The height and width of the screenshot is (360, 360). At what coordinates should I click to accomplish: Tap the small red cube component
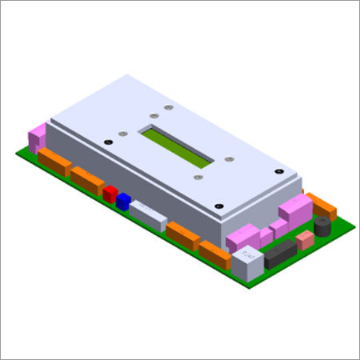click(x=110, y=194)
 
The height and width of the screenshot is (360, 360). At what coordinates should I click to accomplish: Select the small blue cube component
click(x=122, y=202)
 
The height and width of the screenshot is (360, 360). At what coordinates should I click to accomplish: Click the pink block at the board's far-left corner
click(x=37, y=138)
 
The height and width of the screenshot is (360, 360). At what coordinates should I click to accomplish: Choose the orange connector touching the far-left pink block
click(x=54, y=162)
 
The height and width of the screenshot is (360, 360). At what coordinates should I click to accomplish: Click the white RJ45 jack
click(x=246, y=262)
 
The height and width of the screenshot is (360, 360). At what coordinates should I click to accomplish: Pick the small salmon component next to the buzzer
click(x=305, y=239)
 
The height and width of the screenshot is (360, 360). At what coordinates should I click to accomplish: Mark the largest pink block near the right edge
click(x=295, y=211)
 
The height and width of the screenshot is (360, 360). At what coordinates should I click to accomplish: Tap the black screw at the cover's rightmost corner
click(x=277, y=171)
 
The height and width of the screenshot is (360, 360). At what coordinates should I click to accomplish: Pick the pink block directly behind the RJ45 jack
click(x=243, y=237)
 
